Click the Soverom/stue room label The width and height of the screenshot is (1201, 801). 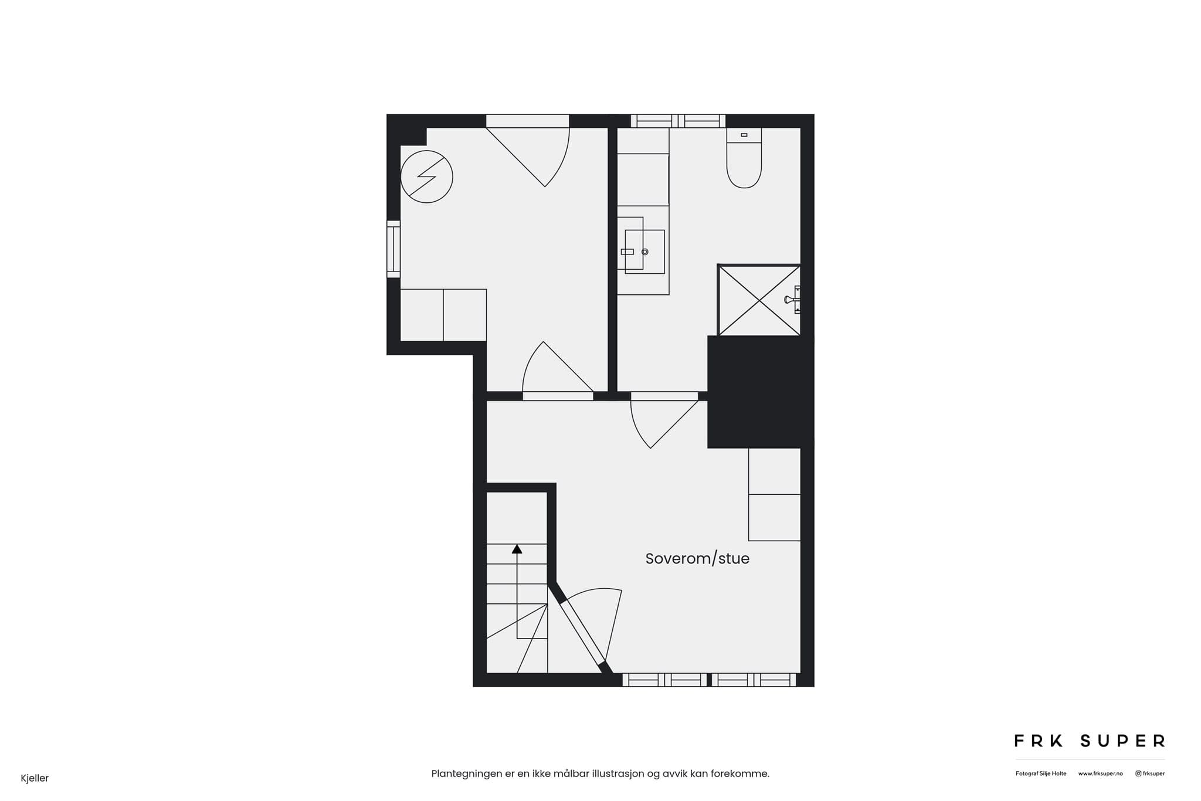(697, 559)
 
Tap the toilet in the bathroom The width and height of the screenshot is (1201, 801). (744, 158)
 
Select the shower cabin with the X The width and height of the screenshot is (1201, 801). (759, 300)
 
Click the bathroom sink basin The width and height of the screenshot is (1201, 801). (644, 252)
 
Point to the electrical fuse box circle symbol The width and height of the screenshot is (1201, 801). (426, 177)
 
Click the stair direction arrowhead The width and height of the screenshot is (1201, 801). (517, 549)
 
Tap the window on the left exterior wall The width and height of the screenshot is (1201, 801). (393, 249)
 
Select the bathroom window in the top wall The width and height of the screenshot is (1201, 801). (678, 121)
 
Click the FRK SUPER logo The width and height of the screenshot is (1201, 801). (1090, 741)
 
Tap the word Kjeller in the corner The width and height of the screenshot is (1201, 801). (35, 778)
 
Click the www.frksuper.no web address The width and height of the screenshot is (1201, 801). (1100, 773)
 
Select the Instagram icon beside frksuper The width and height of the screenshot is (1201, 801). (1138, 773)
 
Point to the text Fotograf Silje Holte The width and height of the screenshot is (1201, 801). (1041, 773)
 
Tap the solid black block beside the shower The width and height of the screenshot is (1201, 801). (761, 392)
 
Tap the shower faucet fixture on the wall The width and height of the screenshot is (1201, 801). (793, 300)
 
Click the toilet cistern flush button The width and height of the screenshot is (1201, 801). (744, 135)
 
